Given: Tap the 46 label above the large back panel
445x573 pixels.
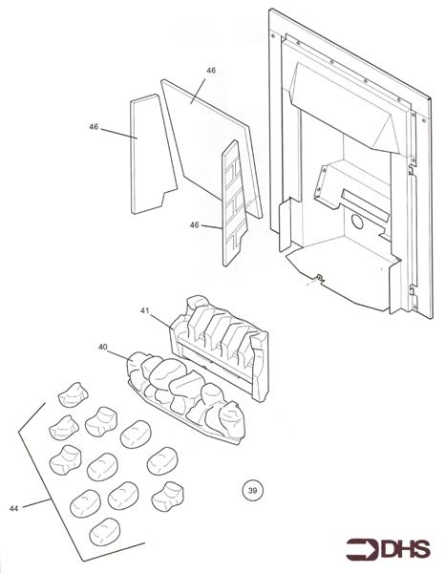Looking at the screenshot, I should pos(210,71).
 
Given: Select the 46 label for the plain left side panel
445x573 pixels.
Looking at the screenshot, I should pos(94,127).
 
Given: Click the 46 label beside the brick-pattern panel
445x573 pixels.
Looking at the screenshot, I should pos(194,225).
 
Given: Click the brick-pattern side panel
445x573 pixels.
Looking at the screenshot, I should pos(233,201).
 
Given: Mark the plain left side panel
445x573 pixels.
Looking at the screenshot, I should pos(148,153).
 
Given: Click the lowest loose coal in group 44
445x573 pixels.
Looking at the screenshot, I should pos(103,530).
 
